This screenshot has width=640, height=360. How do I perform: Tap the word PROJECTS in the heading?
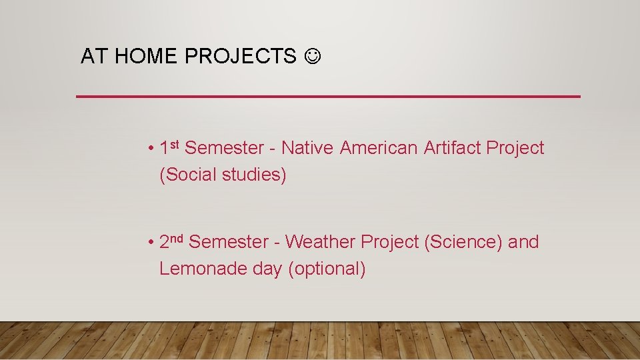click(240, 57)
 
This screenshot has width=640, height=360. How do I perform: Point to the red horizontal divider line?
click(328, 97)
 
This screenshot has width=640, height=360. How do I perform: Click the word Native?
click(307, 148)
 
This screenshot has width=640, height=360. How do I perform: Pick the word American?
click(379, 148)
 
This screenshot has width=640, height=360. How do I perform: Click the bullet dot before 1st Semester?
click(152, 149)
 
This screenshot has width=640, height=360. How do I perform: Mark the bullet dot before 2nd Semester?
click(152, 243)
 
